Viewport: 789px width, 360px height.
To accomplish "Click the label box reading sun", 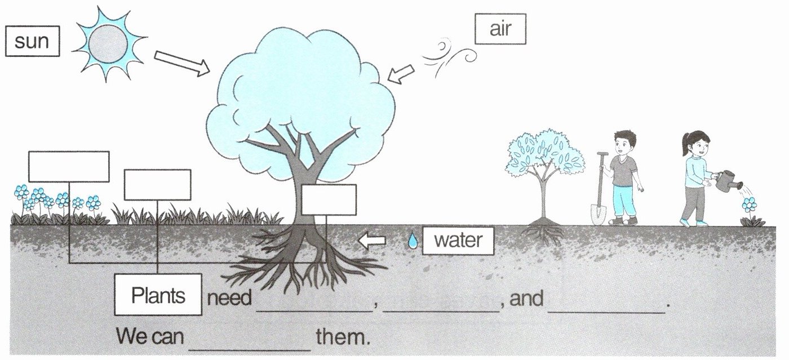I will [32, 42].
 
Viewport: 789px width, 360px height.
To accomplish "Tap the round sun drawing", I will [108, 44].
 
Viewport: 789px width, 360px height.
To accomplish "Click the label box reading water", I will [458, 241].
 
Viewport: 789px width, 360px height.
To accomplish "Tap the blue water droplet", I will [413, 241].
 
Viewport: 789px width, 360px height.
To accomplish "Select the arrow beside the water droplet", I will [373, 241].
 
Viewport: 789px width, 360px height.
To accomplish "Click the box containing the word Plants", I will [158, 295].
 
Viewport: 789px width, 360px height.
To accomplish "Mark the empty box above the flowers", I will [69, 167].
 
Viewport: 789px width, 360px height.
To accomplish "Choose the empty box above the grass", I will [157, 185].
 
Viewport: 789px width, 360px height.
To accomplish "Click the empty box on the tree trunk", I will [329, 200].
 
